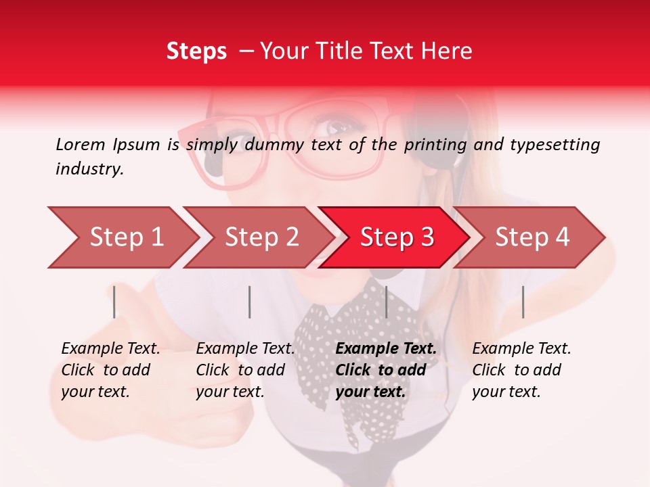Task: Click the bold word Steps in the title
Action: tap(196, 51)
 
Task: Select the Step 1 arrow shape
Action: tap(122, 237)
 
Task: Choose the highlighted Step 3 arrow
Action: tap(396, 237)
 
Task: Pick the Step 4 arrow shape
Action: tap(532, 237)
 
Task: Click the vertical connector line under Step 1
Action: tap(114, 302)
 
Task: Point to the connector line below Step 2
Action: tap(250, 302)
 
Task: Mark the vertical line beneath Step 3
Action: tap(386, 302)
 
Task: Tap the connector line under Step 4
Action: tap(523, 302)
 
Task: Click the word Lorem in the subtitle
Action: tap(81, 144)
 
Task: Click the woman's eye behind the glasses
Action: tap(337, 126)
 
